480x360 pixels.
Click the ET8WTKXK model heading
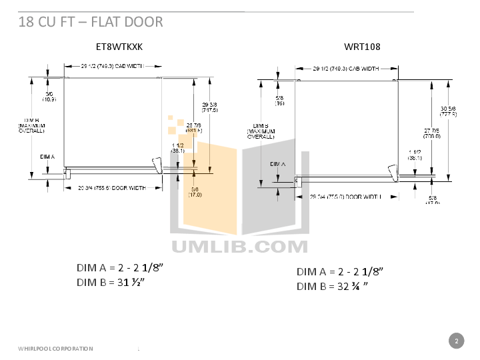(x=119, y=47)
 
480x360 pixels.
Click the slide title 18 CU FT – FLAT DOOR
(x=90, y=22)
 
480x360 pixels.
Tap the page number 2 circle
(x=456, y=341)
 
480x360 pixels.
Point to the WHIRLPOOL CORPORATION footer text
(x=55, y=349)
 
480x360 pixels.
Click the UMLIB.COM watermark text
(x=240, y=246)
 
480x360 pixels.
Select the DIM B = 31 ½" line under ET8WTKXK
(x=111, y=282)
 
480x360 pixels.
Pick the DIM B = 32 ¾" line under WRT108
(x=333, y=287)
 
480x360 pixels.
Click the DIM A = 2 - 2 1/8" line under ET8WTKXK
(x=119, y=267)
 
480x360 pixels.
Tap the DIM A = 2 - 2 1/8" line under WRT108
(x=340, y=271)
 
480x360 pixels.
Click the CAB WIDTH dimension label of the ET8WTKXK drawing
(x=111, y=67)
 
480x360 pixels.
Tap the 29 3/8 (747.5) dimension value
(x=209, y=107)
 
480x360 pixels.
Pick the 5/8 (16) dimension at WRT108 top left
(x=279, y=101)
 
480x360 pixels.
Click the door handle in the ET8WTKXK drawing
(x=157, y=164)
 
